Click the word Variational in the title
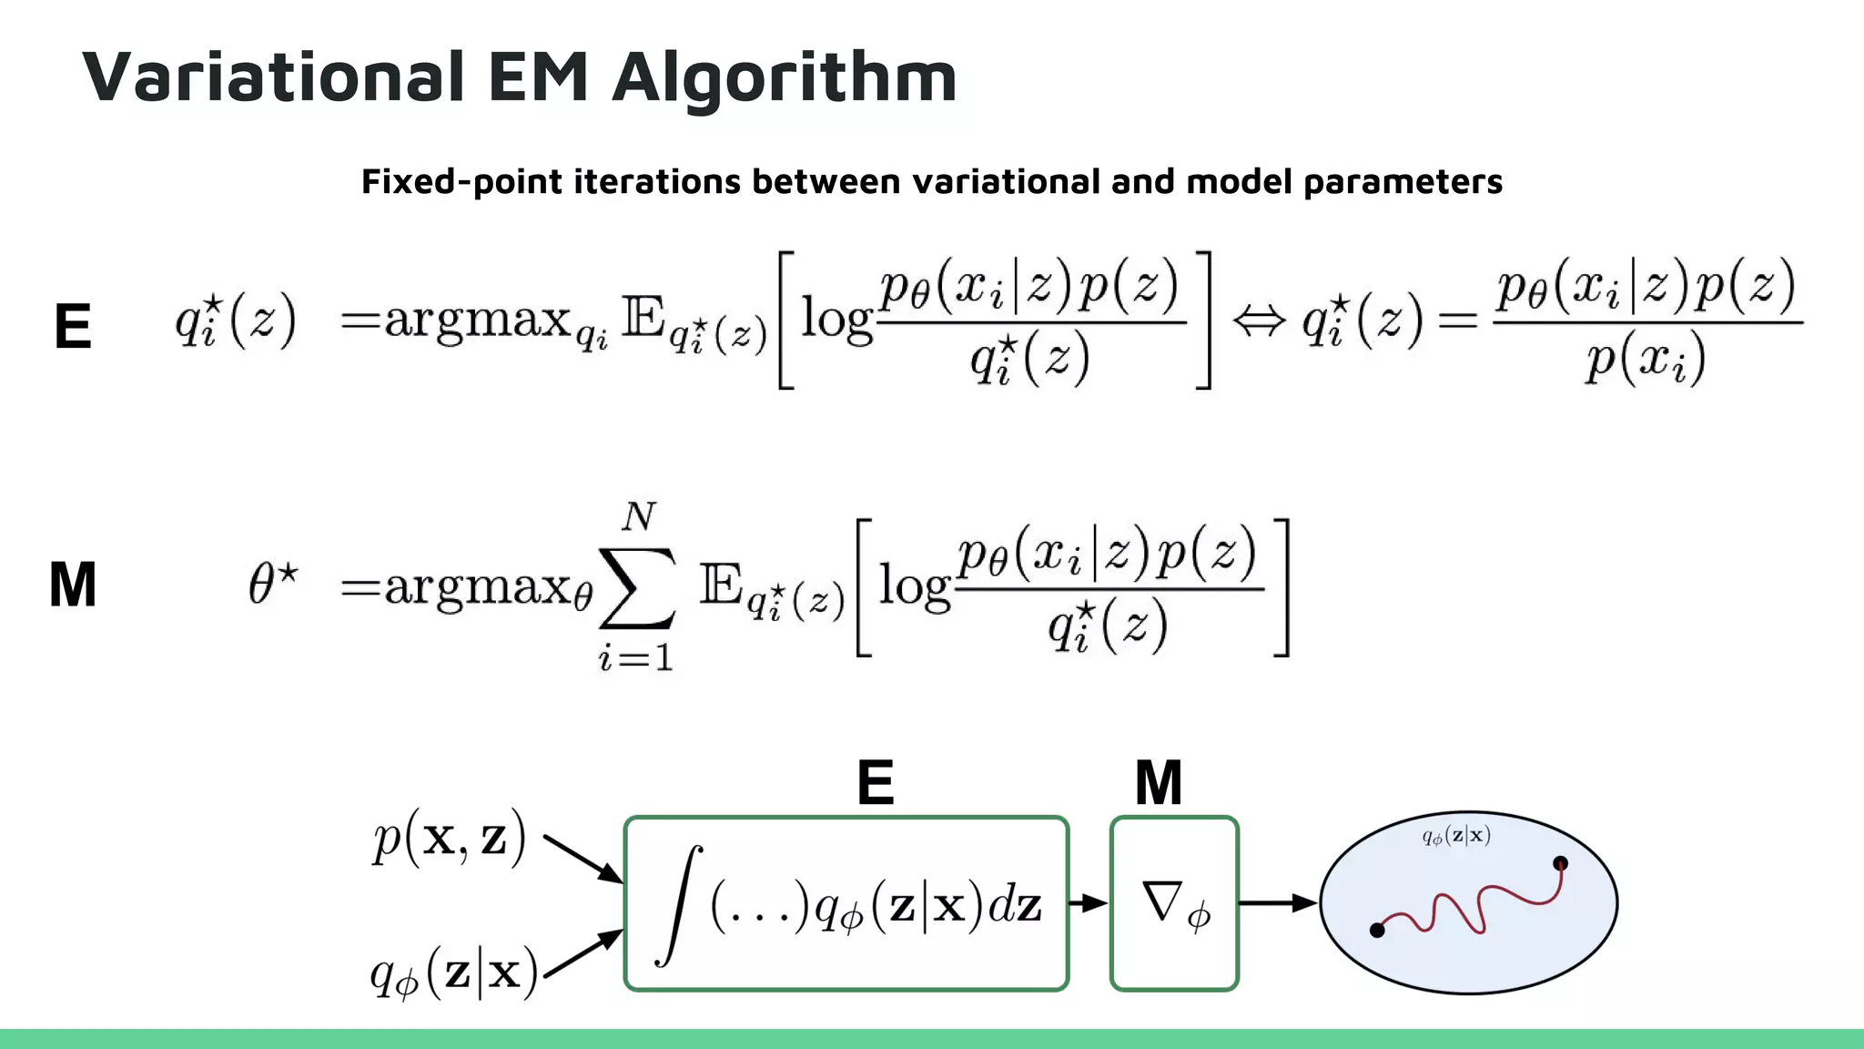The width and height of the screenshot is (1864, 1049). tap(273, 76)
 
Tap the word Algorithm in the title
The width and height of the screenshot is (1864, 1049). tap(785, 78)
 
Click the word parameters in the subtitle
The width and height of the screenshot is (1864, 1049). tap(1403, 182)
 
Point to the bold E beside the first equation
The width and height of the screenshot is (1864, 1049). tap(73, 326)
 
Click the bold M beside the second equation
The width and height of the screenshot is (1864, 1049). tap(73, 585)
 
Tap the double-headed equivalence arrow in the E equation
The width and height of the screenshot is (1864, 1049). tap(1259, 321)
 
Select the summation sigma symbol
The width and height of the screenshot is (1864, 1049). tap(637, 588)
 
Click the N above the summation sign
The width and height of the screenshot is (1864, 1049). tap(638, 517)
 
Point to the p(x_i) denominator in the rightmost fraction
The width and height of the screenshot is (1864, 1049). tap(1646, 361)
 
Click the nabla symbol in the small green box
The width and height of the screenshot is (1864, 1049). tap(1162, 901)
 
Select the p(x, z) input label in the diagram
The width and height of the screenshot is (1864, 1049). tap(449, 838)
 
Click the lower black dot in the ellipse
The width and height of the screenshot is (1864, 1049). tap(1377, 930)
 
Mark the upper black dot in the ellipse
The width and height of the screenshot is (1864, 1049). tap(1560, 863)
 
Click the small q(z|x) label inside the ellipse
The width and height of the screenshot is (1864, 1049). tap(1456, 836)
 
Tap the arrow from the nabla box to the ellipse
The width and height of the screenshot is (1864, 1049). tap(1278, 903)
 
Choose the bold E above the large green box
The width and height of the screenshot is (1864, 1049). tap(876, 783)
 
